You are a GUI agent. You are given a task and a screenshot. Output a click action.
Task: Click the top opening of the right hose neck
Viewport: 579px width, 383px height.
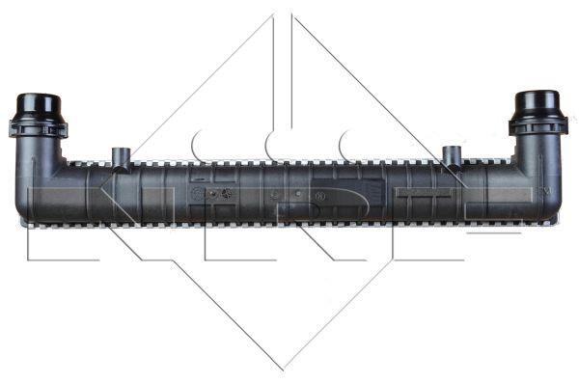tap(538, 96)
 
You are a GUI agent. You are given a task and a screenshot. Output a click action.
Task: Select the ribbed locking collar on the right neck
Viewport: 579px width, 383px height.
tap(538, 125)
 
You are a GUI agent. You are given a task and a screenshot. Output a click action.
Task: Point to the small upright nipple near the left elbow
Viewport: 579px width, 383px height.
tap(121, 155)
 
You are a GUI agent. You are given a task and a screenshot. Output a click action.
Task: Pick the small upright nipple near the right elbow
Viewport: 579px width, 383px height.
tap(451, 155)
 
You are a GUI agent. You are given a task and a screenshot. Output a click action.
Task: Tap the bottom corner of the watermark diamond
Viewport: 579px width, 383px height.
tap(284, 369)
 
